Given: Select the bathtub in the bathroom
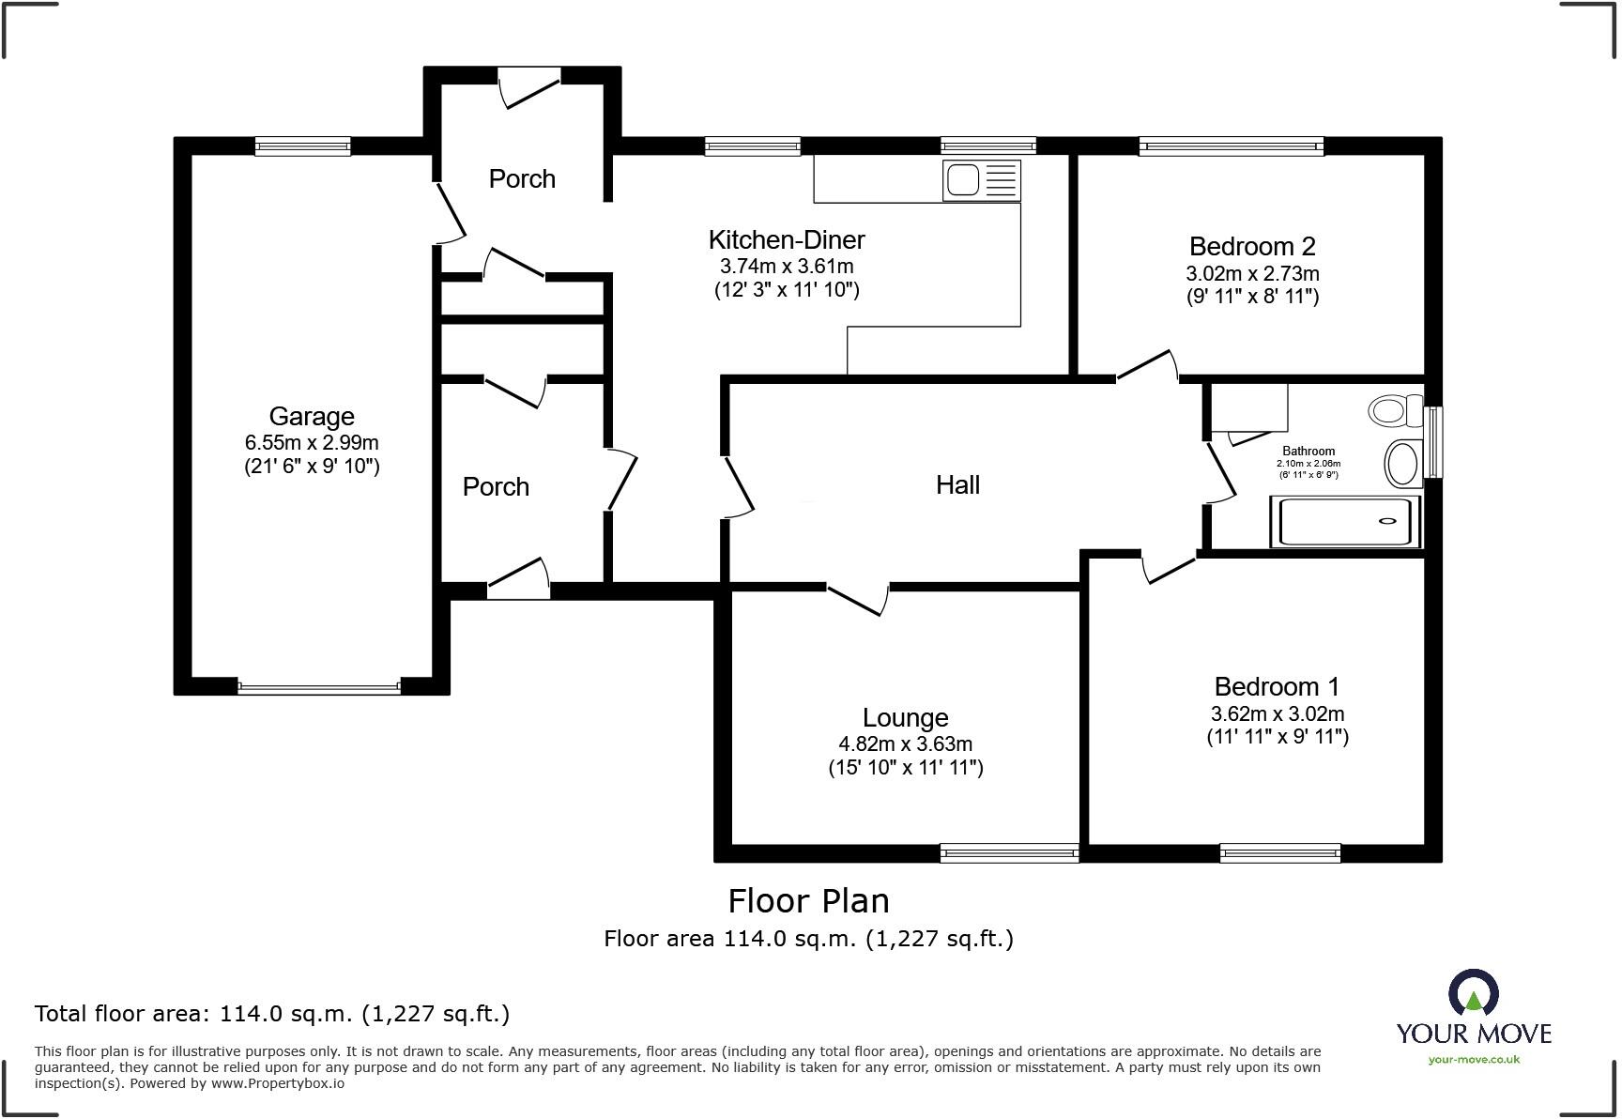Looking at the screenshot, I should click(1344, 521).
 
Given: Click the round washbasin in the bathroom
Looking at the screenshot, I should click(1402, 463).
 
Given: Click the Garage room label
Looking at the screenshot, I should click(312, 416).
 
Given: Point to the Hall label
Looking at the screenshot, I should click(957, 484).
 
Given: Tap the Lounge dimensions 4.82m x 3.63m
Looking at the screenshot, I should click(905, 744).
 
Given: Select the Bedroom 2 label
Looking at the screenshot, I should click(1252, 246).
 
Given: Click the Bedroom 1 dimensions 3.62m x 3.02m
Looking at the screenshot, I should click(1278, 713).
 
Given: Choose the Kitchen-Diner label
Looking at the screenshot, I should click(787, 239).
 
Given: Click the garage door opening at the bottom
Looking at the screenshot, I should click(319, 687).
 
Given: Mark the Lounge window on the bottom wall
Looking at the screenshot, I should click(1009, 853).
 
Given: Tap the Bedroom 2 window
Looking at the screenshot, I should click(1231, 146).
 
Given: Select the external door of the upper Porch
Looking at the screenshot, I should click(529, 84).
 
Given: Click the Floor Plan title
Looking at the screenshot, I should click(808, 900).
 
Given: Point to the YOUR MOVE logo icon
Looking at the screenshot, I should click(1473, 994).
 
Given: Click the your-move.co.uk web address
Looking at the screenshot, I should click(1473, 1059).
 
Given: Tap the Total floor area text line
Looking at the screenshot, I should click(272, 1013).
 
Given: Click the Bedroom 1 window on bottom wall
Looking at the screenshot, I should click(1280, 853).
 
